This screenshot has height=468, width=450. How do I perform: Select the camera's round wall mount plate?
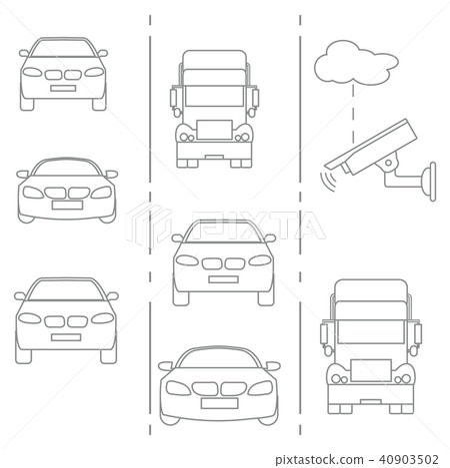click(432, 182)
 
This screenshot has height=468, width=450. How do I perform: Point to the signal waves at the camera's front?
click(328, 181)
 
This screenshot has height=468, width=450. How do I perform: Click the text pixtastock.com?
click(319, 460)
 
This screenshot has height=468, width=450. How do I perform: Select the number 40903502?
click(408, 459)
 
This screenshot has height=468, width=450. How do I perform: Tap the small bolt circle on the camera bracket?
click(389, 163)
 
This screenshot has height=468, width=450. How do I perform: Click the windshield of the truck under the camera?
click(371, 331)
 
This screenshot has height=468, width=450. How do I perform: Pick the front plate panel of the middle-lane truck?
click(214, 130)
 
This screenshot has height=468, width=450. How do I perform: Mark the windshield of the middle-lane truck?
click(214, 96)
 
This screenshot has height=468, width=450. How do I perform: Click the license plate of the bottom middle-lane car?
click(219, 403)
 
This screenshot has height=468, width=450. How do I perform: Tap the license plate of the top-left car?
click(63, 88)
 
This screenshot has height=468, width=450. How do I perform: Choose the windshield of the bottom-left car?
click(66, 290)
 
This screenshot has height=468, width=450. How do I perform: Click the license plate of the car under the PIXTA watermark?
click(223, 279)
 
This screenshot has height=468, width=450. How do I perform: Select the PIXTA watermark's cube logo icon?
click(149, 225)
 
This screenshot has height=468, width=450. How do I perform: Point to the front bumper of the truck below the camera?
click(371, 394)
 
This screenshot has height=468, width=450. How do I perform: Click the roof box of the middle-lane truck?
click(214, 60)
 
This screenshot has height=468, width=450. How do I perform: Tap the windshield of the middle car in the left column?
click(67, 168)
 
